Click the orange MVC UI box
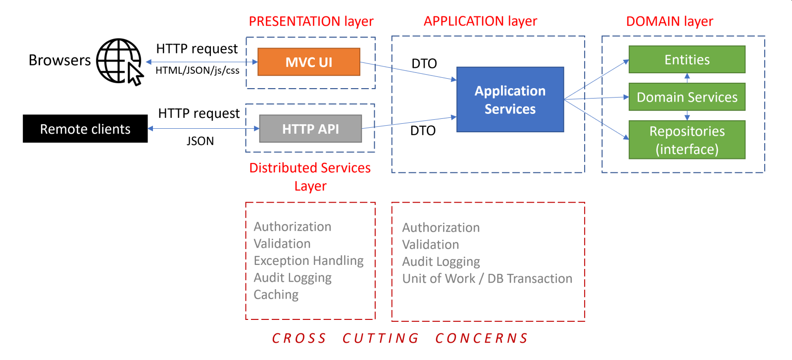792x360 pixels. point(309,62)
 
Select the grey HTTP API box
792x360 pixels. point(310,129)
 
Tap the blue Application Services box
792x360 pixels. point(510,100)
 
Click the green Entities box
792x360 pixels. point(687,59)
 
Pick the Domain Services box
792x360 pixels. point(687,97)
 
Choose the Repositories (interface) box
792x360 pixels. point(687,140)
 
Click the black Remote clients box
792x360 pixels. point(85,129)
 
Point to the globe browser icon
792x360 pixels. point(119,61)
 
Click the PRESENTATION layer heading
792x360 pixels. point(311,21)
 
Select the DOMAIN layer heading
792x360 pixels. point(669,21)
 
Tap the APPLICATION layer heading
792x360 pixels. point(480,21)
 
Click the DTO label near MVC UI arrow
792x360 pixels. point(424,63)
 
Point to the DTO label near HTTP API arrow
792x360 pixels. point(423,131)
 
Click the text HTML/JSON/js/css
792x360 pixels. point(198,70)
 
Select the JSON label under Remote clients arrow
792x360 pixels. point(200,141)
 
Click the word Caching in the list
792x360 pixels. point(276,295)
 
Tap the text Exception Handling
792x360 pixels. point(308,260)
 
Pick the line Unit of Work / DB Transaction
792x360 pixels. point(487,279)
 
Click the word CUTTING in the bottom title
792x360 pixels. point(380,338)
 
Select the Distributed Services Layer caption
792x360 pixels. point(310,177)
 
